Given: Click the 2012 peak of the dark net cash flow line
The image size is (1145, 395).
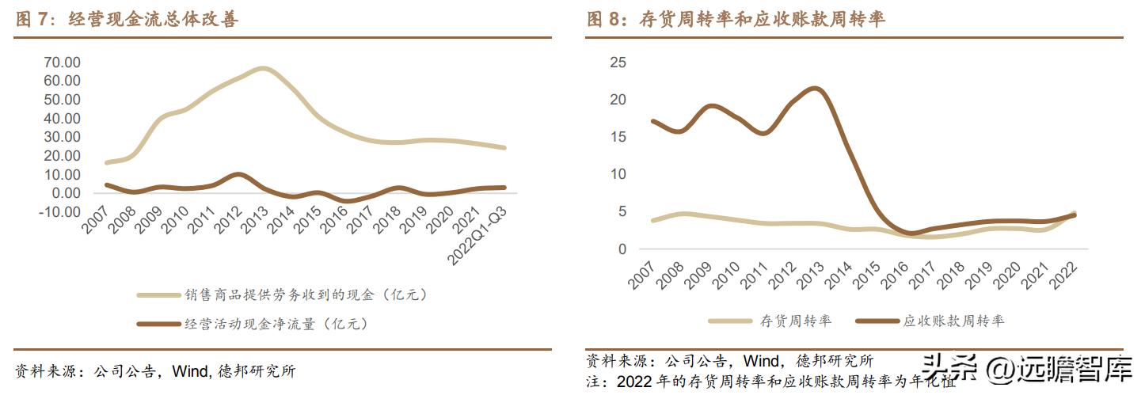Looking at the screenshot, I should pyautogui.click(x=238, y=174).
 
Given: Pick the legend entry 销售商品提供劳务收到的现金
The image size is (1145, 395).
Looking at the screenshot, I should pyautogui.click(x=305, y=294).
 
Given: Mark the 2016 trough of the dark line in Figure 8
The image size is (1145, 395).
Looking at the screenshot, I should pyautogui.click(x=911, y=234).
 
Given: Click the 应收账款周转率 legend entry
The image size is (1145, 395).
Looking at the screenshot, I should pyautogui.click(x=953, y=321).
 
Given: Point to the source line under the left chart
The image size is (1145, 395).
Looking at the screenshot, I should pyautogui.click(x=155, y=370).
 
